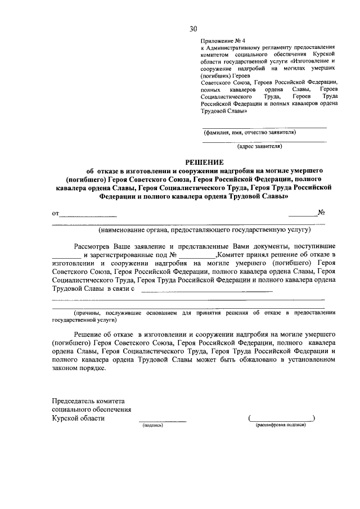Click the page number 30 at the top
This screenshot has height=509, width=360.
click(x=193, y=29)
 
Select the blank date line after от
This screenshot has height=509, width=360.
click(x=88, y=215)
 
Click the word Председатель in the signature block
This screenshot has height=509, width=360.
click(x=75, y=400)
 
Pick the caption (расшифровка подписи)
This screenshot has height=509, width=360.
click(x=281, y=425)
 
